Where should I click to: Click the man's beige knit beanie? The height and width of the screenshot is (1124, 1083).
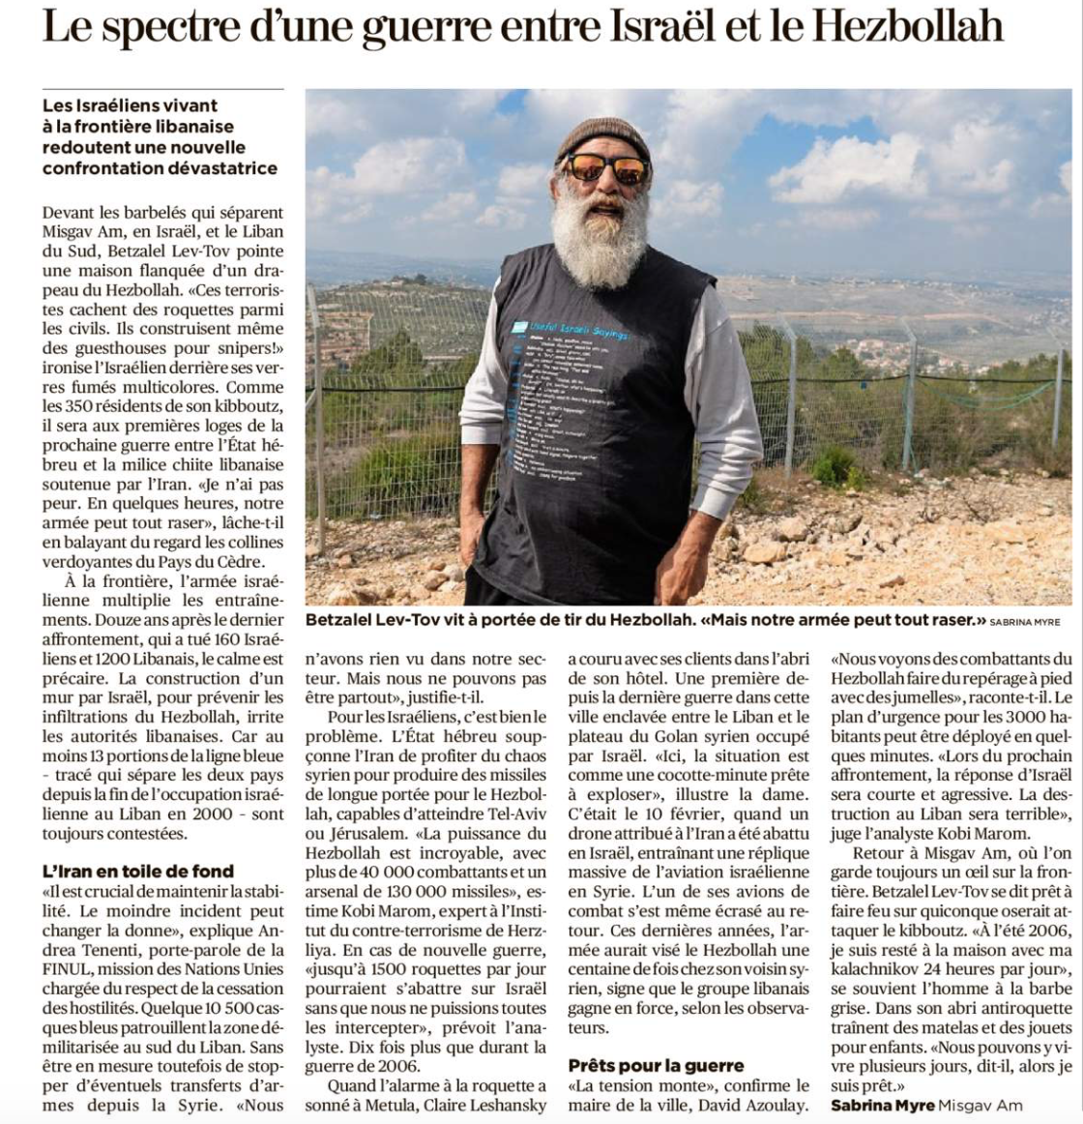(602, 137)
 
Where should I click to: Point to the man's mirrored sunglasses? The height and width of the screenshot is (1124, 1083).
(605, 168)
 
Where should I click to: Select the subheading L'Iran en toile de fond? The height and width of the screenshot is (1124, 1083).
(138, 872)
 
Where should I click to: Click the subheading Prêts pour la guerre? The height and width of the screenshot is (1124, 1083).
(656, 1065)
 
